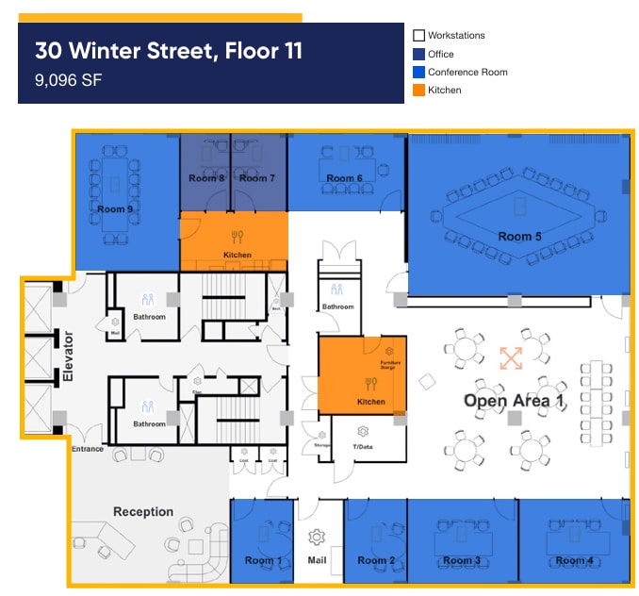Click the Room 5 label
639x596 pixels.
tap(519, 237)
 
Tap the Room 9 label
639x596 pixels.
tap(115, 209)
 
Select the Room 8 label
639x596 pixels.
tap(206, 178)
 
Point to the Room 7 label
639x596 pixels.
tap(256, 178)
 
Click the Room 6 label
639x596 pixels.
tap(345, 178)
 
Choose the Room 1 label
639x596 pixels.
tap(263, 561)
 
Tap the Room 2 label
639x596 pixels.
tap(376, 561)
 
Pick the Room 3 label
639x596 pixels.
tap(462, 561)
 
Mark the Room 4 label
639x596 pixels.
tap(575, 561)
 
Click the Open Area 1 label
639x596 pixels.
tap(514, 401)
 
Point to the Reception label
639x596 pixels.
tap(143, 512)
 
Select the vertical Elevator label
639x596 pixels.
tap(68, 357)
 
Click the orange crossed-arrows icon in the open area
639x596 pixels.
tap(511, 358)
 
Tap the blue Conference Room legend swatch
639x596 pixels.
tap(419, 73)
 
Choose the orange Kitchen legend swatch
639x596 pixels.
tap(419, 91)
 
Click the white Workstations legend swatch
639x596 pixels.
tap(419, 36)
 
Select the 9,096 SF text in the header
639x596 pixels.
tap(68, 80)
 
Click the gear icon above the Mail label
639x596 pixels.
tap(317, 537)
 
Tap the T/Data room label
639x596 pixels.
tap(362, 446)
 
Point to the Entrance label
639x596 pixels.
tap(88, 449)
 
